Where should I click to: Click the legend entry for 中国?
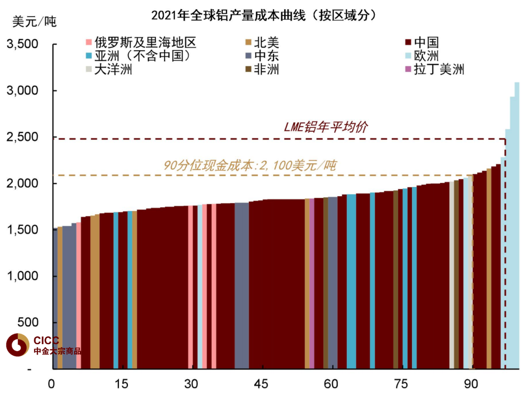tap(421, 43)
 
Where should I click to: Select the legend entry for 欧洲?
tap(421, 56)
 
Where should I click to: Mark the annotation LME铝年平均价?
tap(326, 127)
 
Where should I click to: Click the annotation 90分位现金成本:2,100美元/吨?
tap(250, 165)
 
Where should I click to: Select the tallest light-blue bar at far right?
tap(517, 225)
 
